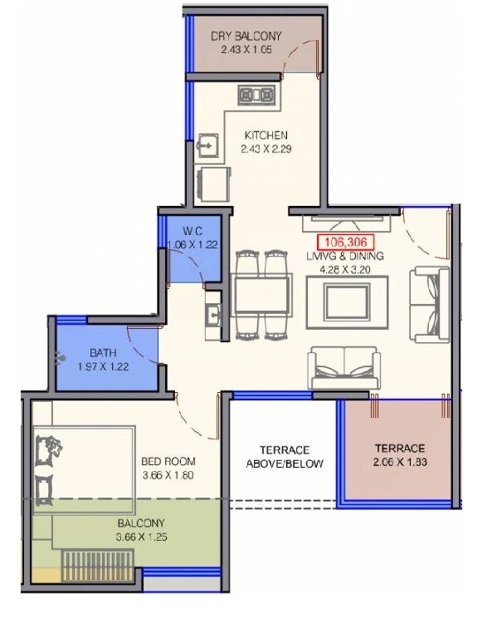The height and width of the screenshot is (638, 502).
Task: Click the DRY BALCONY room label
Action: (x=246, y=36)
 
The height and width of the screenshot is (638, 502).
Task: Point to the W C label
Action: (x=193, y=231)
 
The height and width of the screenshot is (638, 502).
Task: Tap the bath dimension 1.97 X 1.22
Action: (x=103, y=366)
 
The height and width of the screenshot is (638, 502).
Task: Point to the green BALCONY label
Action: (x=141, y=523)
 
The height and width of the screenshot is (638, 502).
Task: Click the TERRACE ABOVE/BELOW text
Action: (x=285, y=456)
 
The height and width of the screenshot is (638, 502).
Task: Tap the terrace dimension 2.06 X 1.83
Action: (x=399, y=461)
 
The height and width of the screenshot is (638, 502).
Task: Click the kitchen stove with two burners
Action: (x=256, y=95)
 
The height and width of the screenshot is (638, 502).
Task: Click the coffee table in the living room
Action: (x=340, y=299)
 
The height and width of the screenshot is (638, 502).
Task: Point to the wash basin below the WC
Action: (x=212, y=315)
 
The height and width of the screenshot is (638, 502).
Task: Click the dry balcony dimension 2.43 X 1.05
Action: (x=246, y=50)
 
